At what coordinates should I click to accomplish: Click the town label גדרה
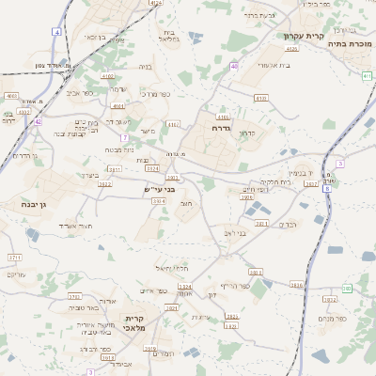[222, 127]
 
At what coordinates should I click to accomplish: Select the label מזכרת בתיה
[349, 43]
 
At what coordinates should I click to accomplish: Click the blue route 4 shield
[57, 32]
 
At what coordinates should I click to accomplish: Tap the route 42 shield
[38, 121]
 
